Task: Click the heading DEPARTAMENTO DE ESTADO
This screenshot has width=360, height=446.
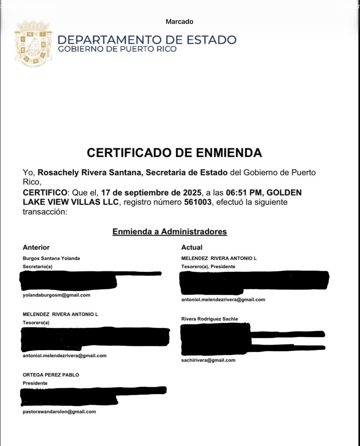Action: [147, 40]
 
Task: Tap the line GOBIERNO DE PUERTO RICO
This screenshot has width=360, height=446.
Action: [117, 49]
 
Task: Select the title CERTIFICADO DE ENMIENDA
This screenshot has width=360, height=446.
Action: [174, 153]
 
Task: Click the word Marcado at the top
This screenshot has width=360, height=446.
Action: [179, 21]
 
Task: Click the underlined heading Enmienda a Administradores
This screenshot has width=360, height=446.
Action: [170, 232]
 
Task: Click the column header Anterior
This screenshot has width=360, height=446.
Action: [36, 247]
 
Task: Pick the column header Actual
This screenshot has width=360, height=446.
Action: [192, 247]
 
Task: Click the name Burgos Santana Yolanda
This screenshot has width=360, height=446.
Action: [51, 258]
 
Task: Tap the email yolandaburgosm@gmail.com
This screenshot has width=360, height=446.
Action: [56, 295]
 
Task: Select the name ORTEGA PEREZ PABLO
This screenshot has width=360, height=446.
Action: [50, 375]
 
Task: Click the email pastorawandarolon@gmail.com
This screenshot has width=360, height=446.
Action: [59, 411]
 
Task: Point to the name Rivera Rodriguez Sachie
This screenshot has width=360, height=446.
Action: [209, 319]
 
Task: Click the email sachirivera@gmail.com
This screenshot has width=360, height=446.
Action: [208, 360]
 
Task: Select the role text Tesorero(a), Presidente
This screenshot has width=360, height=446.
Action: [208, 266]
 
